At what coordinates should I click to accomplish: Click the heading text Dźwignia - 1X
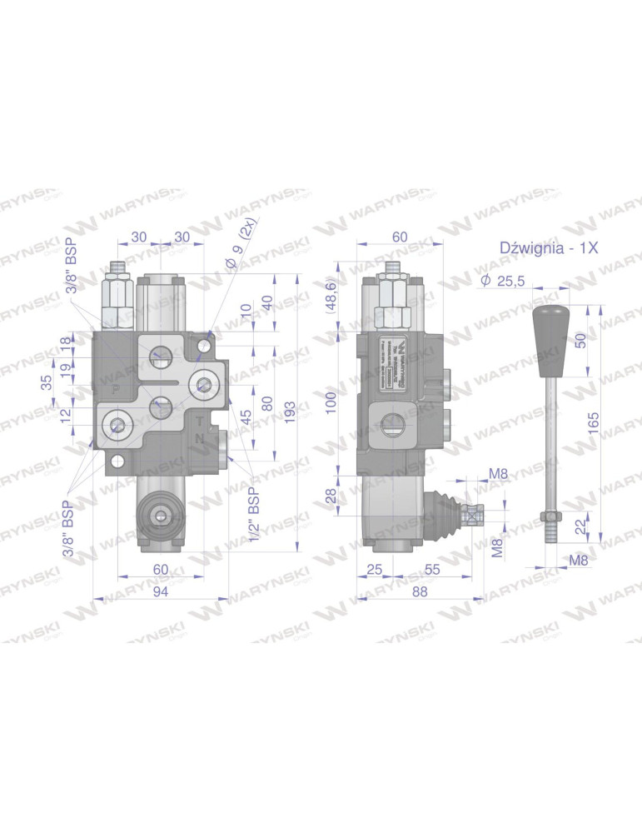click(549, 247)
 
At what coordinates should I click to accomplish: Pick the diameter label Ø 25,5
click(503, 282)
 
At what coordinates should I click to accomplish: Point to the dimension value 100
click(331, 403)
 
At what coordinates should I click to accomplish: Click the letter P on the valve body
click(116, 390)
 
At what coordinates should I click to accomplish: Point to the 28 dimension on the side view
click(331, 496)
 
